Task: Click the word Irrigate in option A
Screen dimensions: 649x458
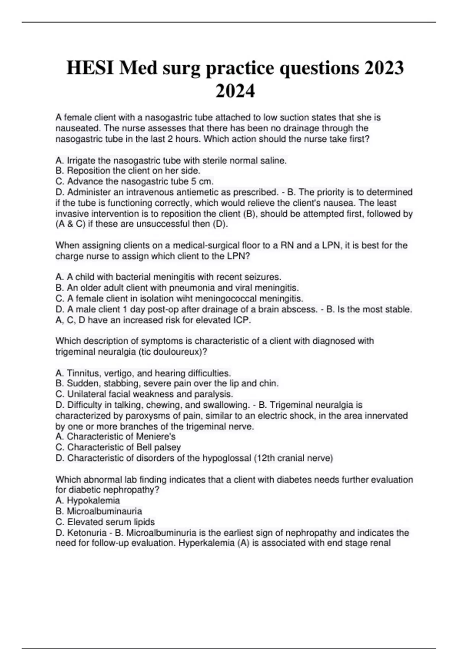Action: pyautogui.click(x=82, y=161)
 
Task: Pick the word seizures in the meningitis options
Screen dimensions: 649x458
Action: pyautogui.click(x=263, y=277)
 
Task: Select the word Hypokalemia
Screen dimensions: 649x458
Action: pyautogui.click(x=93, y=500)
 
